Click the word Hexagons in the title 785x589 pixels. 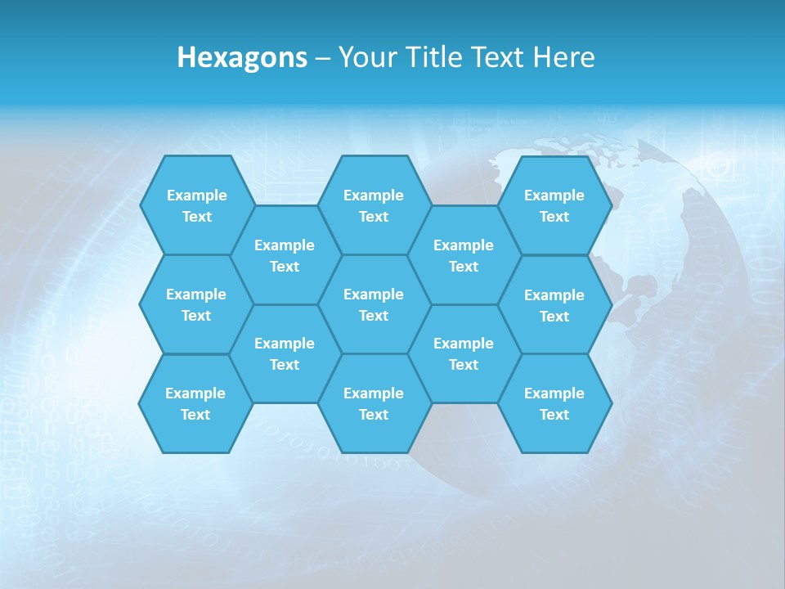[242, 57]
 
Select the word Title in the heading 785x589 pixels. [433, 57]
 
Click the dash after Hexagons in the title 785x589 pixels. [323, 58]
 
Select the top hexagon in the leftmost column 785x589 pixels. [197, 205]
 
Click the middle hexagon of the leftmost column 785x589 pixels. [196, 304]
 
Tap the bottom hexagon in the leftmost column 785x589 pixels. [195, 403]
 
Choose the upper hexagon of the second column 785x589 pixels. [285, 255]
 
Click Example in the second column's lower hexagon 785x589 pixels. [285, 344]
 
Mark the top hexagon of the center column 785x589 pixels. [374, 205]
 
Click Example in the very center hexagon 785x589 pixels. [374, 294]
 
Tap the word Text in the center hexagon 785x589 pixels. [374, 316]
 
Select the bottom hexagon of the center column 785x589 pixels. [374, 403]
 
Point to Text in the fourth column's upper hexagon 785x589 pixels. [464, 267]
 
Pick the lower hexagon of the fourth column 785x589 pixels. [464, 353]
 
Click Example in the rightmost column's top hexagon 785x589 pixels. [554, 196]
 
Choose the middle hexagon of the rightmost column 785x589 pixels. [554, 305]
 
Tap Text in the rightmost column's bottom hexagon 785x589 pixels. [554, 415]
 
